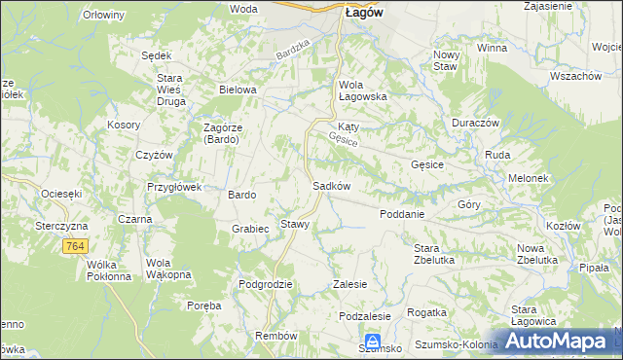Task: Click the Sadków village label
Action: tap(330, 185)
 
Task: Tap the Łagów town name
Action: tap(363, 12)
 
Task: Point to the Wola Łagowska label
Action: tap(363, 90)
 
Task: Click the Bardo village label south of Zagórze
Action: tap(241, 195)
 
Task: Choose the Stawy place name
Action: tap(295, 224)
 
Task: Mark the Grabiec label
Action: tap(250, 229)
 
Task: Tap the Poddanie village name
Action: tap(401, 214)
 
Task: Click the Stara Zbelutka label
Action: tap(434, 254)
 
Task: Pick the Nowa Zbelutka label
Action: tap(536, 254)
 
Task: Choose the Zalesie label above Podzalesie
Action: tap(349, 284)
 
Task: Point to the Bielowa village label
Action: tap(238, 90)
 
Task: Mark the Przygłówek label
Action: tap(173, 187)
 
